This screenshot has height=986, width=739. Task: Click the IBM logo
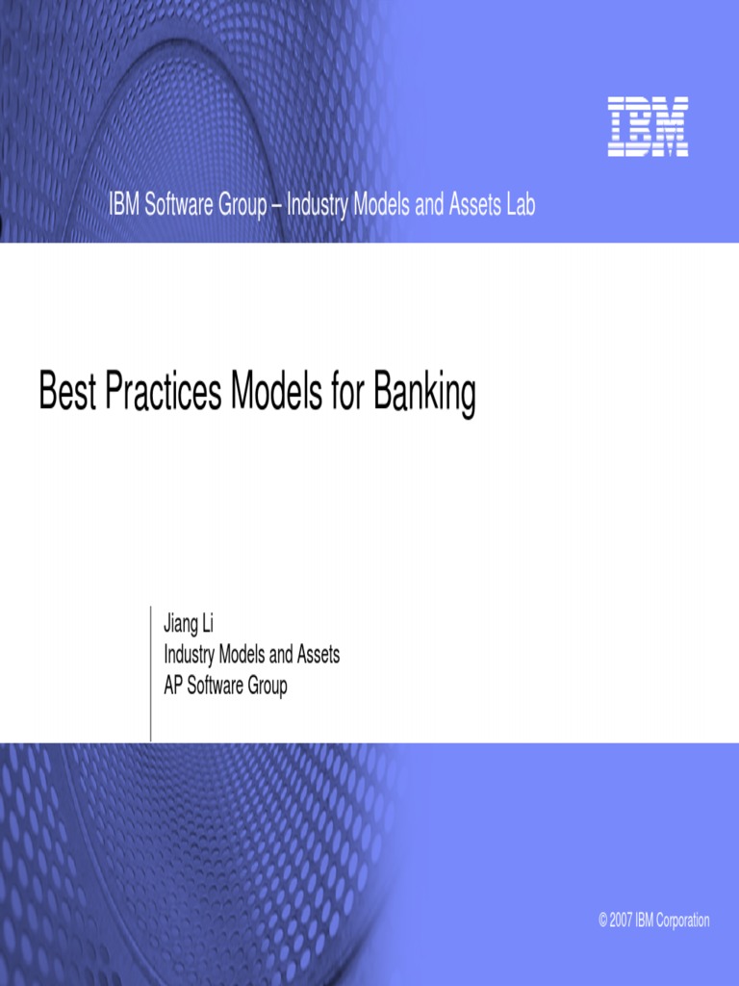pyautogui.click(x=648, y=127)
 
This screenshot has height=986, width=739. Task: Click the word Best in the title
pyautogui.click(x=66, y=394)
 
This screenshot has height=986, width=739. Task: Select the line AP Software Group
pyautogui.click(x=225, y=687)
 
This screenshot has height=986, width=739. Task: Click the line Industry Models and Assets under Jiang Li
pyautogui.click(x=251, y=656)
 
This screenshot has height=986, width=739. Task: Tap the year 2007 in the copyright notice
pyautogui.click(x=619, y=921)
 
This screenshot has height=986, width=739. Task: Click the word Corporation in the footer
pyautogui.click(x=683, y=921)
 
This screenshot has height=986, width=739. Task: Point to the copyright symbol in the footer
pyautogui.click(x=602, y=921)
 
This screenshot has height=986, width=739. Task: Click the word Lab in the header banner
pyautogui.click(x=520, y=205)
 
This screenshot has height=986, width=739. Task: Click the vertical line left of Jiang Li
pyautogui.click(x=151, y=674)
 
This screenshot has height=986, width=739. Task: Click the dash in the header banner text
pyautogui.click(x=275, y=205)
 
